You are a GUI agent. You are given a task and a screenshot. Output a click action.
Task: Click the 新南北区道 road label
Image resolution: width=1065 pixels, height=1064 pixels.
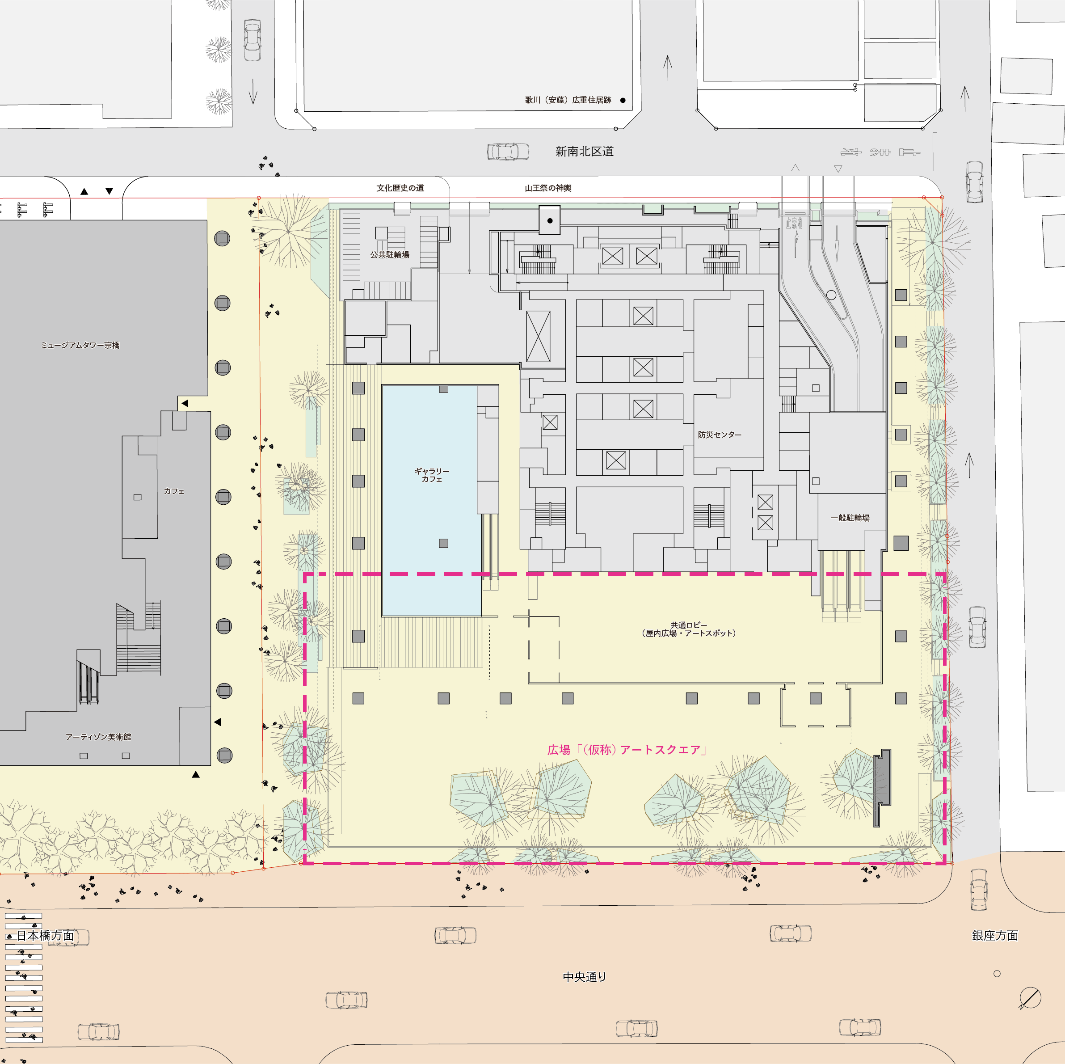pos(584,151)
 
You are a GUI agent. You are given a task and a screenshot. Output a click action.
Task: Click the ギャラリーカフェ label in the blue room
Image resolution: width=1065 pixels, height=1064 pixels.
pos(432,475)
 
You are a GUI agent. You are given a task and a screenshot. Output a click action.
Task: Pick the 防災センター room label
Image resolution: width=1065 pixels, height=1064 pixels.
pos(720,435)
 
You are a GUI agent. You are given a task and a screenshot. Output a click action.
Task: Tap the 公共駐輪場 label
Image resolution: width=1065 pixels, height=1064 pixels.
pos(390,255)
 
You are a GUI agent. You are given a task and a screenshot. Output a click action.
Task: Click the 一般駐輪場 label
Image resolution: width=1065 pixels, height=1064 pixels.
pos(850,518)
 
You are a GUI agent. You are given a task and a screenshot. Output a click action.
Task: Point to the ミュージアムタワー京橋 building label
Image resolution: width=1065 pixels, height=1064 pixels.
pos(80,345)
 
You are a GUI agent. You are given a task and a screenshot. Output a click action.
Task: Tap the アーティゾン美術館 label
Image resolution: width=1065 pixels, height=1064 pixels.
pos(98,737)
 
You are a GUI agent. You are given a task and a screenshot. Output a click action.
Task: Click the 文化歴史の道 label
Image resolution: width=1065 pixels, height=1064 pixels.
pos(400,188)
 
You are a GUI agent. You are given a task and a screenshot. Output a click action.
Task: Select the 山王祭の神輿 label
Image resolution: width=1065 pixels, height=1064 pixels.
pos(548,188)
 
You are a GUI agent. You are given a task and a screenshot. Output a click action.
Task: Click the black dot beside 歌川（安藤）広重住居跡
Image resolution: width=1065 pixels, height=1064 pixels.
pos(623,100)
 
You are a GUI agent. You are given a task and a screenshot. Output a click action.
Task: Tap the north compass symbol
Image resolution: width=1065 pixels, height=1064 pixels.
pos(1030,998)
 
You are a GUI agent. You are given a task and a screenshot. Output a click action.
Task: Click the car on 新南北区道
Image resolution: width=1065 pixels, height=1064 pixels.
pos(508,152)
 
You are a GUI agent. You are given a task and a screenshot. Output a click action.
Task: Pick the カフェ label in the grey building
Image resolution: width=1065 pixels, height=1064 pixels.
pos(174,491)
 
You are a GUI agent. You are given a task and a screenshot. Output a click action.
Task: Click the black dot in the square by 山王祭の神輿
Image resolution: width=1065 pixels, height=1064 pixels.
pos(550,220)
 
